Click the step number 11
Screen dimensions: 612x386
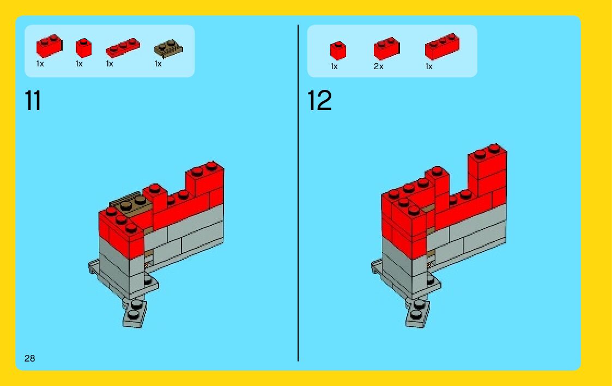33,100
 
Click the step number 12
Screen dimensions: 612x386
319,100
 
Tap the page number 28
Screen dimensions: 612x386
29,358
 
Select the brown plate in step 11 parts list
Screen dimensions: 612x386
168,49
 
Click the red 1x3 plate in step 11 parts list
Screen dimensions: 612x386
123,48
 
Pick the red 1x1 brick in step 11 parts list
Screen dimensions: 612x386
83,48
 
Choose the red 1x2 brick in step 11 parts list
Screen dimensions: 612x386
49,46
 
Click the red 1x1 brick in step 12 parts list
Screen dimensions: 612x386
338,51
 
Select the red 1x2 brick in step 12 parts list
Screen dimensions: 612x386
386,49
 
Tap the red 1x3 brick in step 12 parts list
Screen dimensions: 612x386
442,46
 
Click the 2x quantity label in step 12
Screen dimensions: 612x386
379,66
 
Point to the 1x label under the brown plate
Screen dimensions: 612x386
158,64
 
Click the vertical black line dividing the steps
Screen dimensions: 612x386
298,193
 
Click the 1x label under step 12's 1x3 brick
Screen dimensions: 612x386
429,66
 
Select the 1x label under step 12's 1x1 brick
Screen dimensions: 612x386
334,66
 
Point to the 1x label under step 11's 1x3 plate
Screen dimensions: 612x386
110,64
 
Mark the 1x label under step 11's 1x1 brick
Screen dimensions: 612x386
79,64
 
